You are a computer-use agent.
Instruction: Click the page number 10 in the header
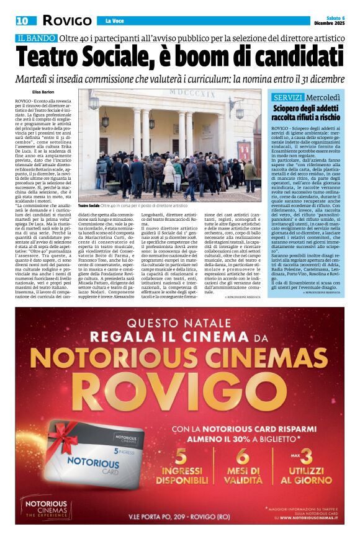[22, 20]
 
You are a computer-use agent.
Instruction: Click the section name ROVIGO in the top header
[66, 20]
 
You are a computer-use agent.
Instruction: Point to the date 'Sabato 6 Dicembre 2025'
[329, 19]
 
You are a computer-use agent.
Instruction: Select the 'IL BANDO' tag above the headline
[36, 38]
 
